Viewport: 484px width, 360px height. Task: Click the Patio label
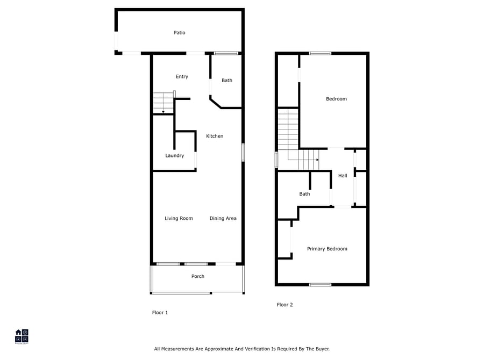click(179, 33)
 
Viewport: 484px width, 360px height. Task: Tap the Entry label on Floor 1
click(182, 76)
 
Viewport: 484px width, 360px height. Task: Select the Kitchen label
click(215, 136)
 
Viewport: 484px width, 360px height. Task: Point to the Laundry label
click(174, 155)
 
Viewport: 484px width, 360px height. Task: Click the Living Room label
click(179, 218)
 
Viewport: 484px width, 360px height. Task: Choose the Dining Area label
click(223, 218)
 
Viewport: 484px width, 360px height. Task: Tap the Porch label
click(198, 276)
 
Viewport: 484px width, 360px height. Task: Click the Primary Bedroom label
click(327, 249)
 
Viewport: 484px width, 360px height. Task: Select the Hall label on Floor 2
click(343, 176)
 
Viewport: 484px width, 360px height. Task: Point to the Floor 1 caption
click(160, 313)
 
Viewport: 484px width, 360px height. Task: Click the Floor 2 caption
click(284, 305)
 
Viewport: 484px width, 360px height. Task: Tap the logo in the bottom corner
click(22, 336)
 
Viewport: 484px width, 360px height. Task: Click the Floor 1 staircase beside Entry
click(163, 103)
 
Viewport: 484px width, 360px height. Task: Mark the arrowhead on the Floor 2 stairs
click(317, 160)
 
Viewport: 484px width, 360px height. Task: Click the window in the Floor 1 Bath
click(226, 53)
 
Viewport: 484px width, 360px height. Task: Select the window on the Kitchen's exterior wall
click(243, 153)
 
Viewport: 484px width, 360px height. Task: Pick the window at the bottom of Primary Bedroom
click(320, 284)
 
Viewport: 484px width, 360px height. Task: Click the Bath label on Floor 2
click(304, 194)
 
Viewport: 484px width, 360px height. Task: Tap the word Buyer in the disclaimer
click(322, 349)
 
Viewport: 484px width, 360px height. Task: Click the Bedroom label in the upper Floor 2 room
click(336, 99)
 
